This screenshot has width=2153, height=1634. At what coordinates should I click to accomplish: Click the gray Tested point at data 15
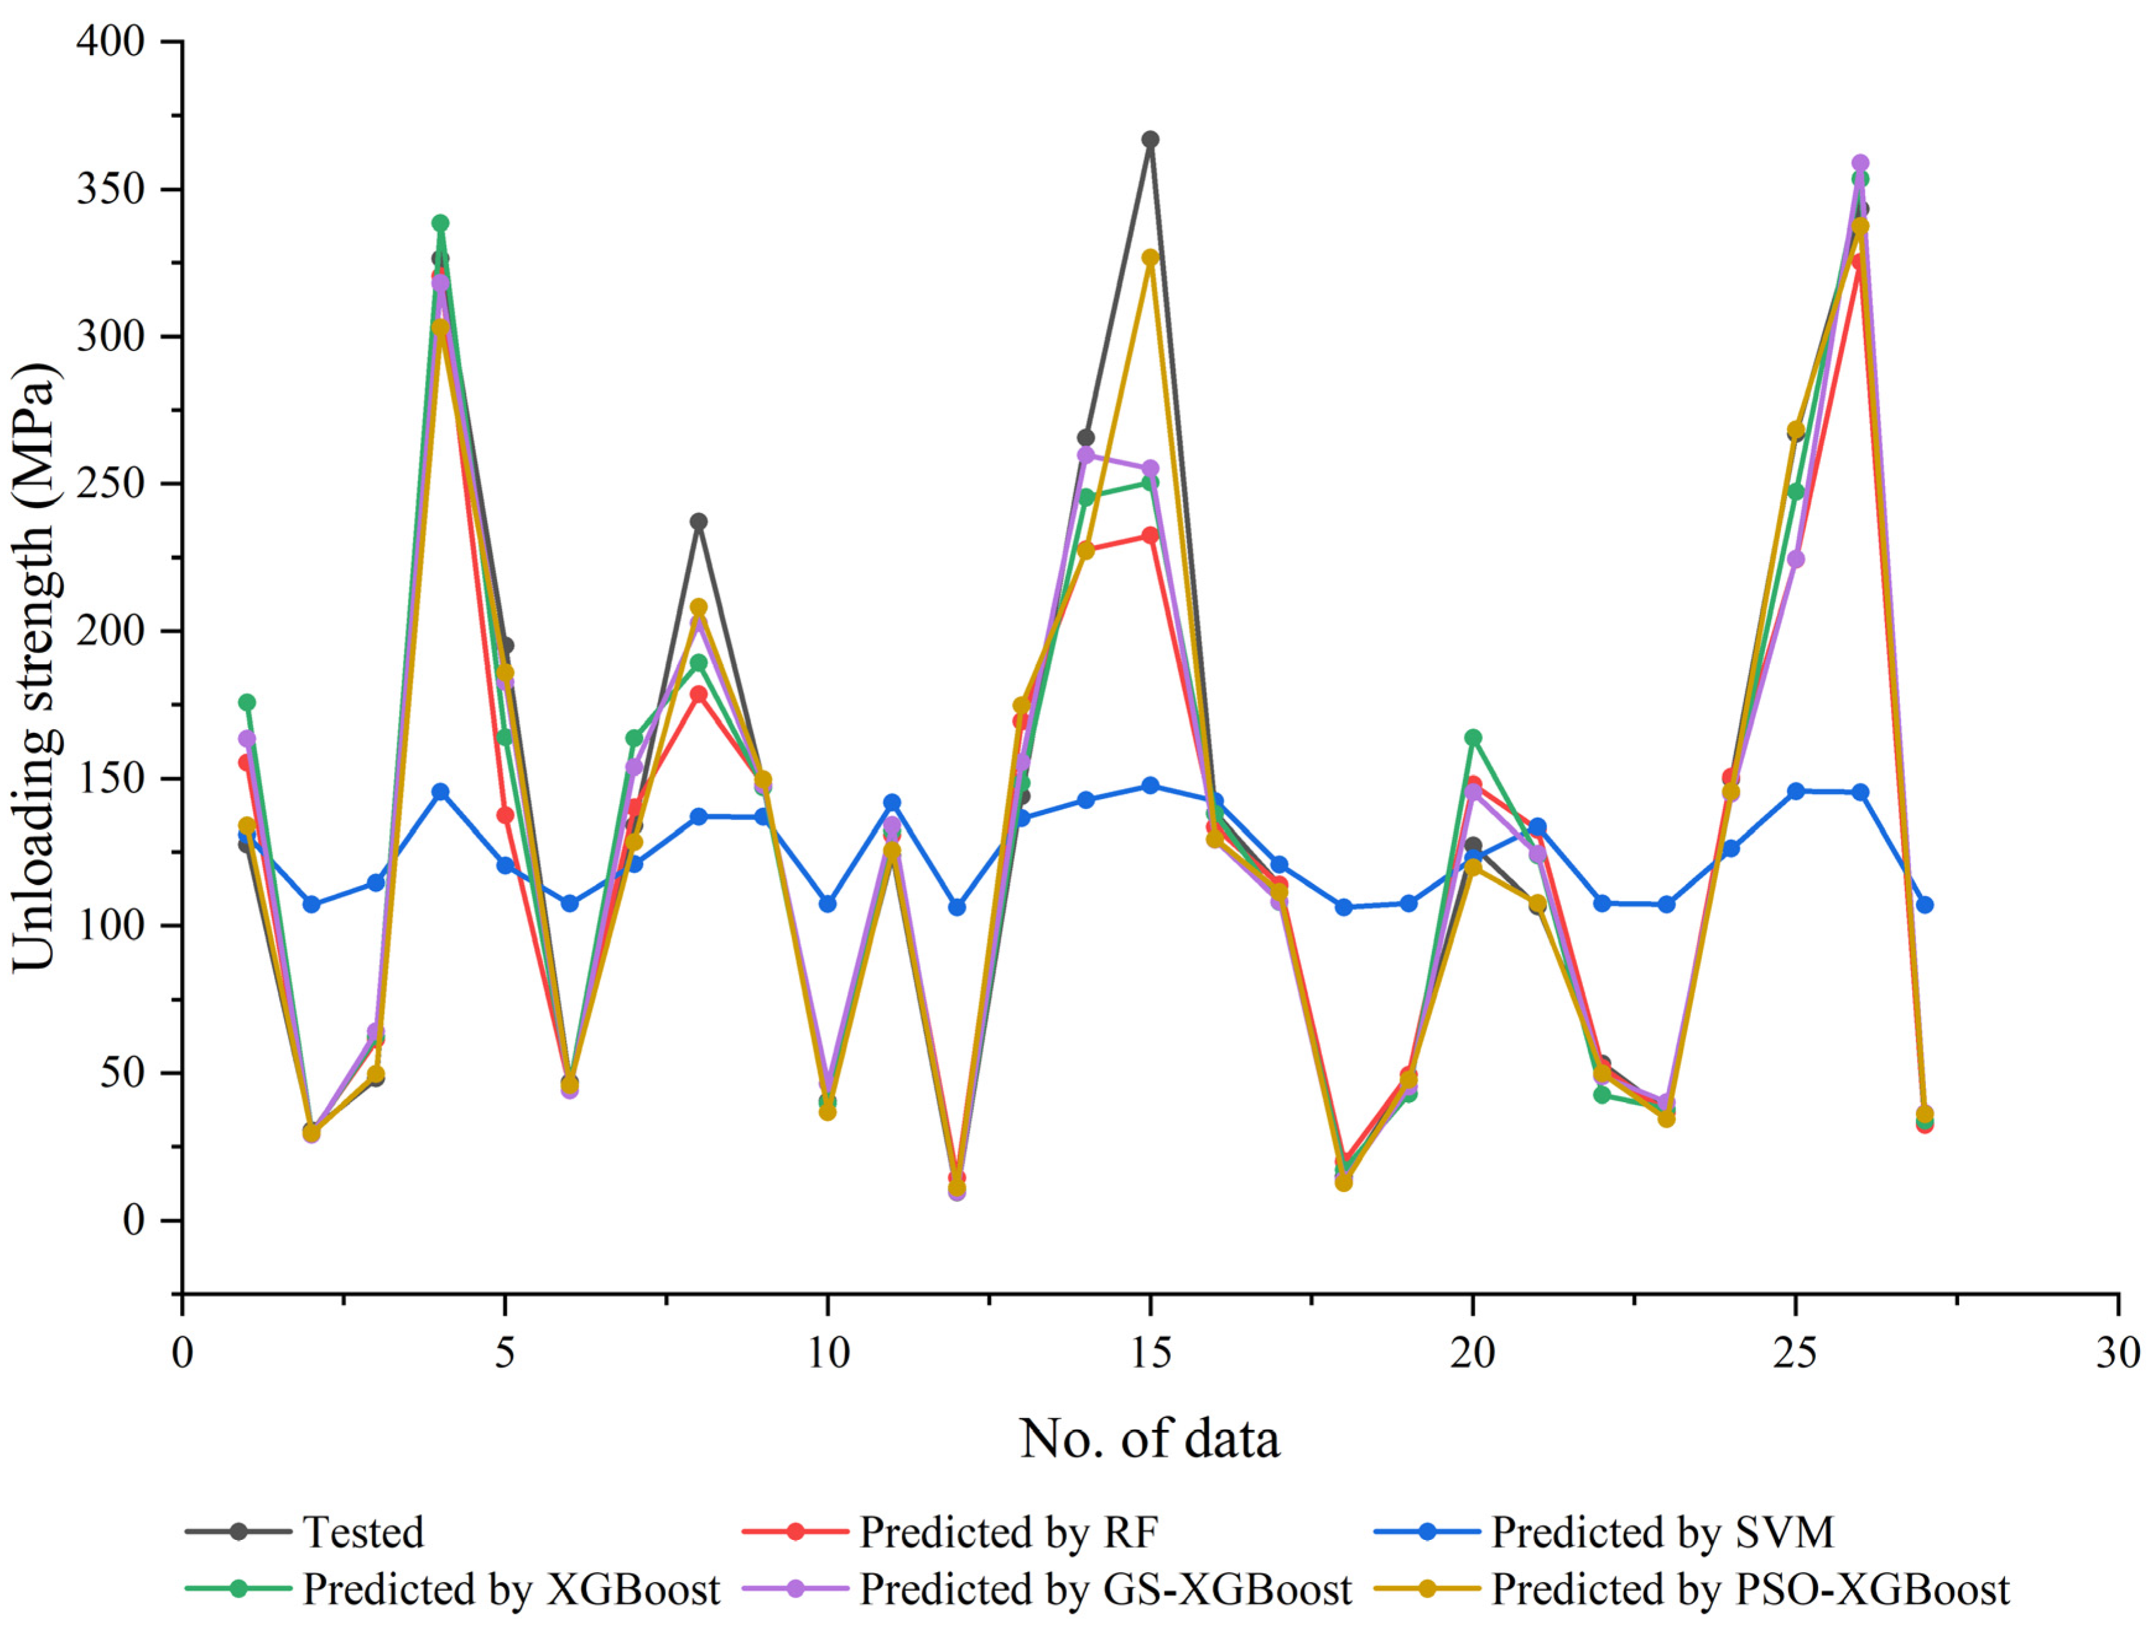coord(1150,139)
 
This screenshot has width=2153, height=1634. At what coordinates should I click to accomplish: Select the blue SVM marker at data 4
coord(441,791)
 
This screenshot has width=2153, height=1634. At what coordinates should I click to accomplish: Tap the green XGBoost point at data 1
coord(247,702)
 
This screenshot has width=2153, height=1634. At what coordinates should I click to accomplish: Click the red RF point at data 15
coord(1150,535)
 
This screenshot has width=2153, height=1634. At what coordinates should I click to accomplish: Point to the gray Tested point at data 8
coord(699,522)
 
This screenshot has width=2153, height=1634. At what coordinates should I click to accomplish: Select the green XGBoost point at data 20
coord(1473,738)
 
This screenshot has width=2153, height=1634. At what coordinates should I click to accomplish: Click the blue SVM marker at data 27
coord(1924,905)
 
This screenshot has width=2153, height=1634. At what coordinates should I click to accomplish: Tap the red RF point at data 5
coord(505,815)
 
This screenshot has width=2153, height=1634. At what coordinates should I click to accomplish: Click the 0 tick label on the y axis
coord(133,1221)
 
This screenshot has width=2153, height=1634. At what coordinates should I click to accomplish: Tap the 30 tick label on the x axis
coord(2118,1354)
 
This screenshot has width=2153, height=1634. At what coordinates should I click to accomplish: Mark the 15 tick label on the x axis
coord(1150,1354)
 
